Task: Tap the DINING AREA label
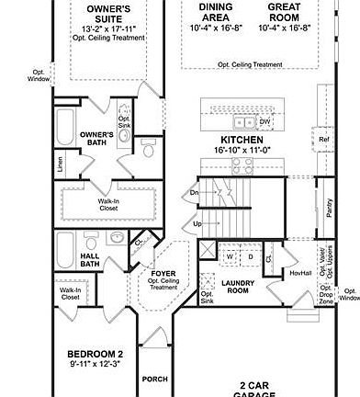pyautogui.click(x=216, y=12)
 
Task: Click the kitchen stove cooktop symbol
pyautogui.click(x=242, y=165)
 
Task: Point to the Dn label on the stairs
pyautogui.click(x=194, y=192)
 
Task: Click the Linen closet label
pyautogui.click(x=61, y=165)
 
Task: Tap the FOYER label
pyautogui.click(x=163, y=273)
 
